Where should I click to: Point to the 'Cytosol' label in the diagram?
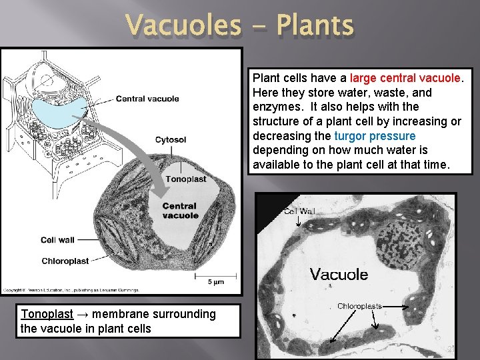[x=171, y=139]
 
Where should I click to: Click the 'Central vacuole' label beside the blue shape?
[x=147, y=99]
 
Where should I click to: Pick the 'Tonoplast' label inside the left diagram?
[x=185, y=179]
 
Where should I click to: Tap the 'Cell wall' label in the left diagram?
[x=57, y=240]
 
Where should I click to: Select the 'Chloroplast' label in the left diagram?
[x=65, y=261]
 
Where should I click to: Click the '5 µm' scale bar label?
[x=215, y=283]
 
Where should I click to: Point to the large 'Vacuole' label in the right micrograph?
[x=339, y=274]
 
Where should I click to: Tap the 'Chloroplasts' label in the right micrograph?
[x=359, y=307]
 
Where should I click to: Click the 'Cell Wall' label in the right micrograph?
[x=299, y=211]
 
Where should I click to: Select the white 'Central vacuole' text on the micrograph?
[x=180, y=211]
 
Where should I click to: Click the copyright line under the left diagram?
[x=70, y=290]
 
